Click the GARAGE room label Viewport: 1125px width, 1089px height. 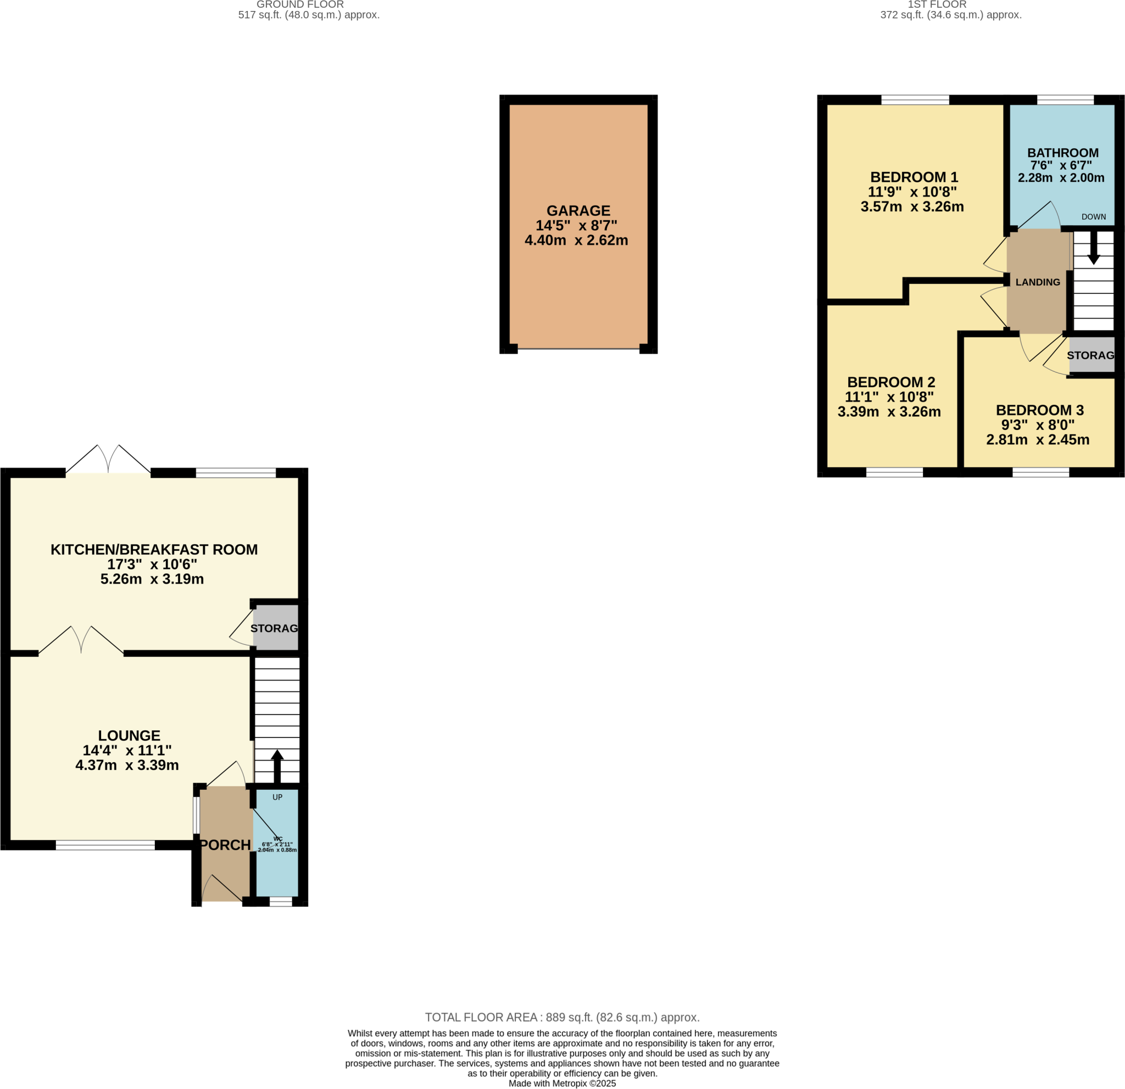coord(578,210)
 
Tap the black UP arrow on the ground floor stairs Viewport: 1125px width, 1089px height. coord(277,765)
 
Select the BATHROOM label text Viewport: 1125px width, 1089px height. coord(1062,153)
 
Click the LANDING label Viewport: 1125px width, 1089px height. coord(1038,282)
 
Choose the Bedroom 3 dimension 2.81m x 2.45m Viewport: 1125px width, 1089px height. coord(1038,440)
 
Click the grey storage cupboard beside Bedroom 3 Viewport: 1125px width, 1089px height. coord(1091,355)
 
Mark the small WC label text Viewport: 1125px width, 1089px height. coord(278,839)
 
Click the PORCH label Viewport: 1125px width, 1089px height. coord(225,845)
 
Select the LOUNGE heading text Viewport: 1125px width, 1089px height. coord(129,735)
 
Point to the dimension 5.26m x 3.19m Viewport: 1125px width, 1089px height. coord(152,579)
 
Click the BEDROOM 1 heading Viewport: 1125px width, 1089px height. coord(914,177)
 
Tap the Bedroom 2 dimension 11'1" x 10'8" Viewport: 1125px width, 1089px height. coord(889,396)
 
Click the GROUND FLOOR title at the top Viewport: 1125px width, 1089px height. coord(299,4)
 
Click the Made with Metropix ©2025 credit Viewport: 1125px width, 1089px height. coord(562,1084)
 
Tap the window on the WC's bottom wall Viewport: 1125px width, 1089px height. coord(281,902)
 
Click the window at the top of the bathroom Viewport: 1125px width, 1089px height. coord(1065,100)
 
